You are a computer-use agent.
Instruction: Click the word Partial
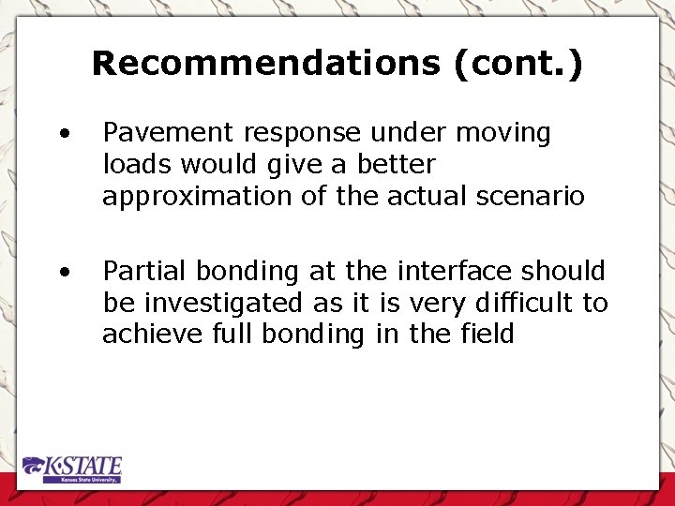click(141, 272)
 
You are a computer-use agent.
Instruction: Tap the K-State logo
click(73, 469)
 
